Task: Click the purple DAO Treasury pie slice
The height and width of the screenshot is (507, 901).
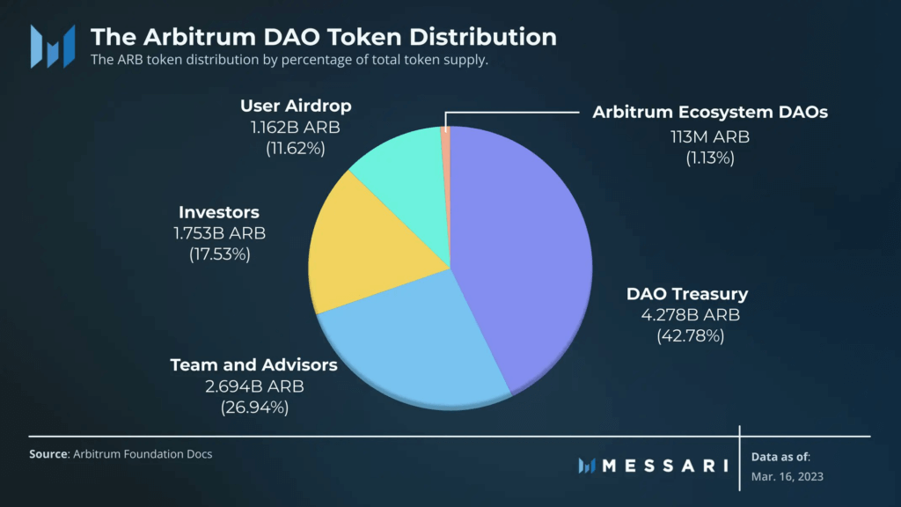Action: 528,255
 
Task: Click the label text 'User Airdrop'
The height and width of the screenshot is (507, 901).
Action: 296,106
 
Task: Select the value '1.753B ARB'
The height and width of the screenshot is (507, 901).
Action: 220,233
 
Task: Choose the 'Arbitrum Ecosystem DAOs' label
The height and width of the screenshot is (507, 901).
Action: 710,113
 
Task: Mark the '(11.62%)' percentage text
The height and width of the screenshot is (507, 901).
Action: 296,148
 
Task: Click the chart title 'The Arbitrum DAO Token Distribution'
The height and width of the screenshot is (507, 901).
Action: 324,37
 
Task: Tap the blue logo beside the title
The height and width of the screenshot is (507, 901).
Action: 52,46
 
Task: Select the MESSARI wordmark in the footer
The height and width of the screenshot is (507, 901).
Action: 663,465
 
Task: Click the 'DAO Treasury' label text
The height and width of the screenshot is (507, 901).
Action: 686,294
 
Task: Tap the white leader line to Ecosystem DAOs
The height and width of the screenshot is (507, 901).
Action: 510,113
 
